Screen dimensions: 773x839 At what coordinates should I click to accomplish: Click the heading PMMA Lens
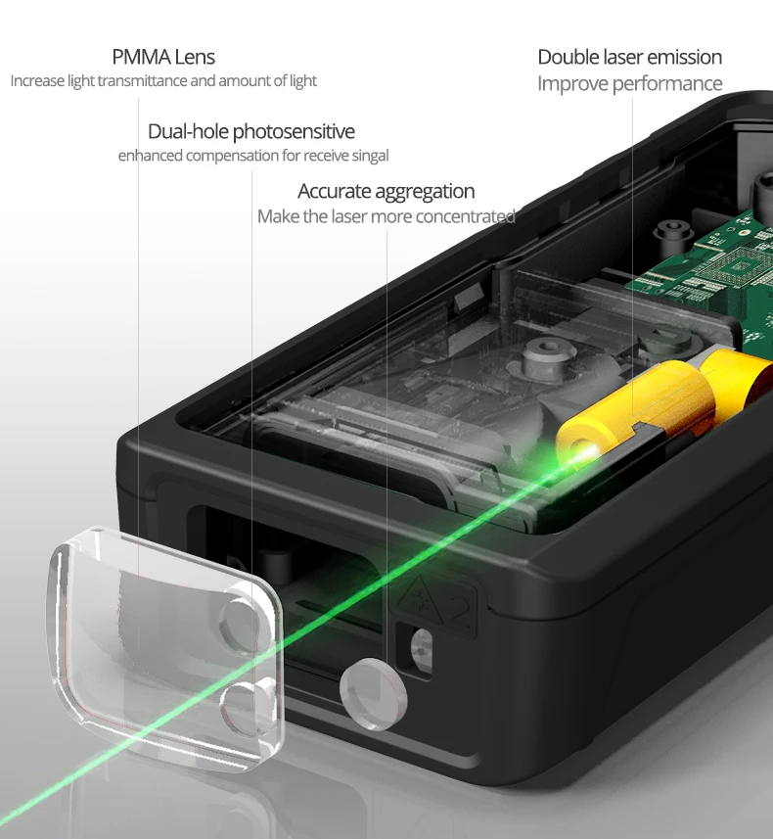click(163, 57)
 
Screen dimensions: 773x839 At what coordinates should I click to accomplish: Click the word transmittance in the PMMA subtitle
click(142, 81)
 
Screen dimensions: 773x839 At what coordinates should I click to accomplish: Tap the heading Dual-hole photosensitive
click(250, 131)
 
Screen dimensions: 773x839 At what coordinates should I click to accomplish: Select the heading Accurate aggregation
click(386, 191)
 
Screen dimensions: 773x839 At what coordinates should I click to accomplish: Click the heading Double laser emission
click(629, 57)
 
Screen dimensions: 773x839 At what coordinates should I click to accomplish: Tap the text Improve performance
click(629, 83)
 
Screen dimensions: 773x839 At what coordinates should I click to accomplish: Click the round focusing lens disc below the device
click(373, 694)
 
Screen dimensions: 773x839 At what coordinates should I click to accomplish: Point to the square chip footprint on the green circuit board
click(741, 265)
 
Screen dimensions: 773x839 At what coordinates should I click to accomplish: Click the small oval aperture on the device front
click(422, 648)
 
